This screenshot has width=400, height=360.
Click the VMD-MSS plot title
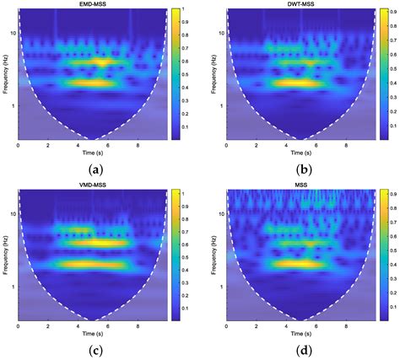click(x=93, y=187)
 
